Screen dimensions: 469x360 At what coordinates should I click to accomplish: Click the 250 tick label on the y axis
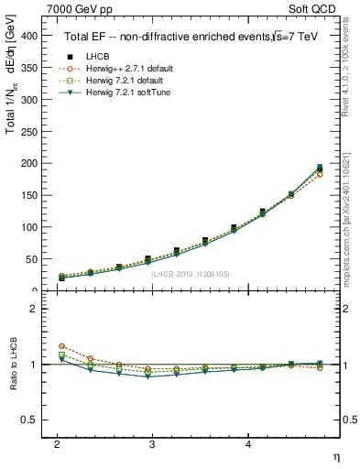pyautogui.click(x=28, y=131)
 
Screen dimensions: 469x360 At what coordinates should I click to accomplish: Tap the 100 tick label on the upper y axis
pyautogui.click(x=28, y=227)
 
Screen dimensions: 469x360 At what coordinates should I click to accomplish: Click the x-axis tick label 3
pyautogui.click(x=152, y=444)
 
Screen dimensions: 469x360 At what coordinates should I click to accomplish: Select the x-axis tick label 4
pyautogui.click(x=248, y=444)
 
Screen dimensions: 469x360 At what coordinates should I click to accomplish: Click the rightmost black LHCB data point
pyautogui.click(x=320, y=169)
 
